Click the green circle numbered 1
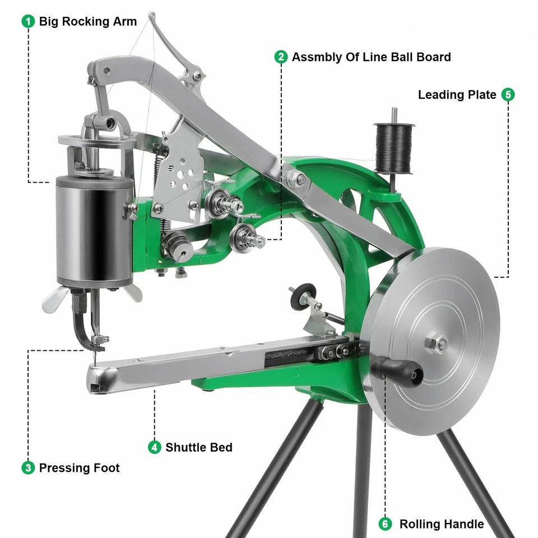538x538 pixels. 27,21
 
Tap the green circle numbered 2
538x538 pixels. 281,57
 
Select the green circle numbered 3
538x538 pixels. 27,467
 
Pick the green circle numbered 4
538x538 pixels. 154,447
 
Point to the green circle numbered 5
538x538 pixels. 508,95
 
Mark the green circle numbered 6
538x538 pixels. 385,524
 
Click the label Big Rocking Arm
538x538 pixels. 88,21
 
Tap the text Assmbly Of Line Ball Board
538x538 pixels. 371,57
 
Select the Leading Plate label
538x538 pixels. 457,95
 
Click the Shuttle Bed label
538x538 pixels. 198,447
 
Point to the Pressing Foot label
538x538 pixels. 79,467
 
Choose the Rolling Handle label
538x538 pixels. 441,524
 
